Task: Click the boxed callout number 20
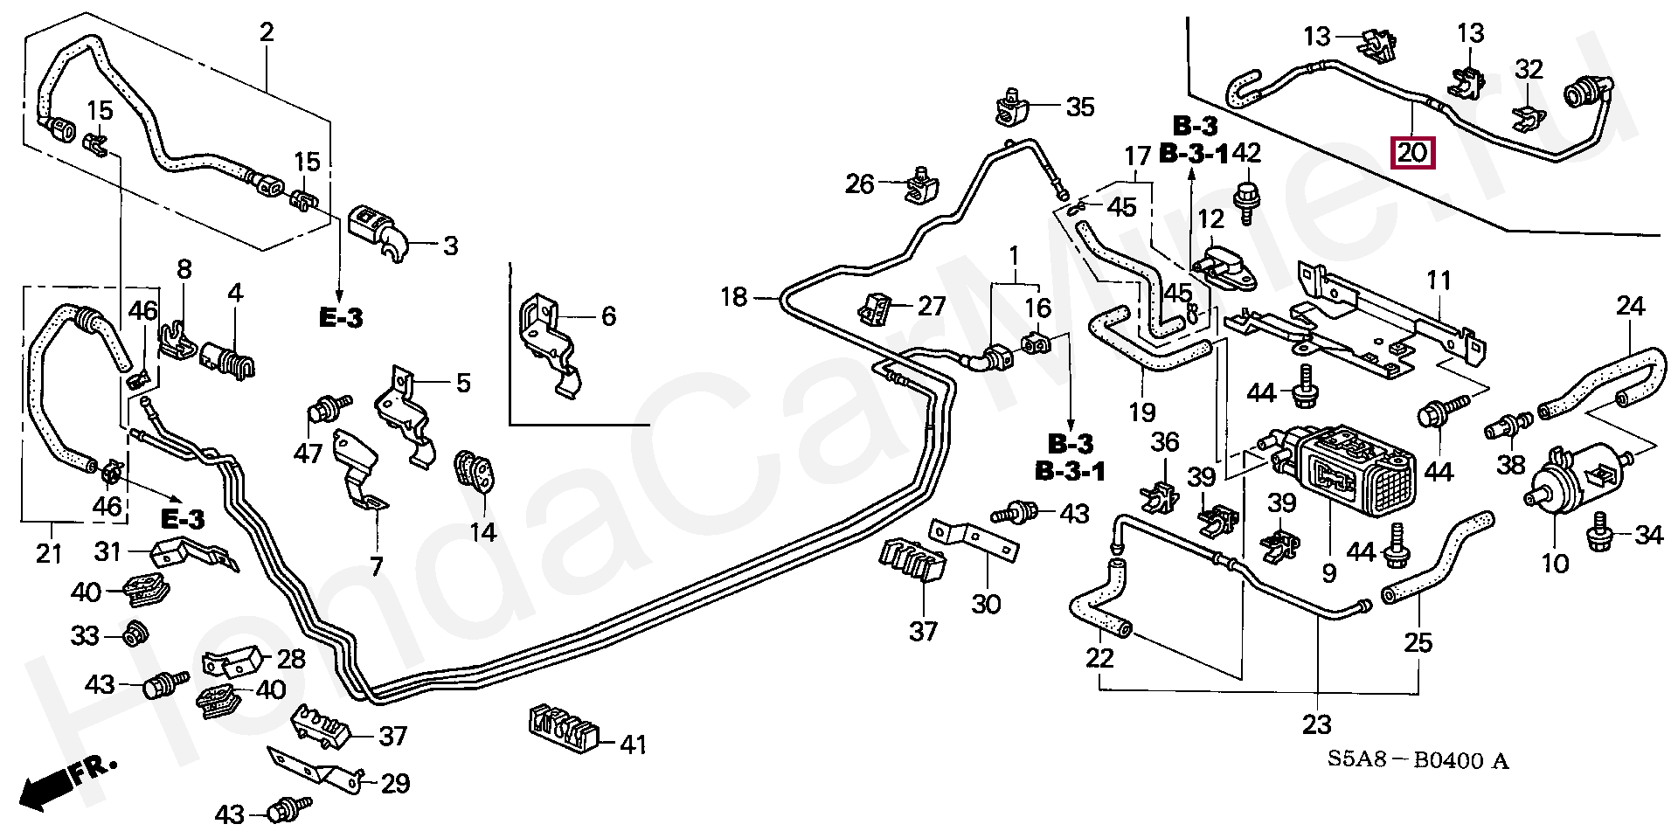[1411, 154]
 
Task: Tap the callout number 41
[633, 745]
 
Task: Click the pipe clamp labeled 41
[563, 728]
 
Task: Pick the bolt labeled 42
[1246, 196]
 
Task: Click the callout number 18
[733, 298]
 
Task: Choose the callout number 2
[267, 33]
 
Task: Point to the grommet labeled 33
[135, 634]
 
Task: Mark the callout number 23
[1316, 724]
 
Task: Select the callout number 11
[1439, 280]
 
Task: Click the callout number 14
[482, 531]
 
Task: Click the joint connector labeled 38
[1507, 427]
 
